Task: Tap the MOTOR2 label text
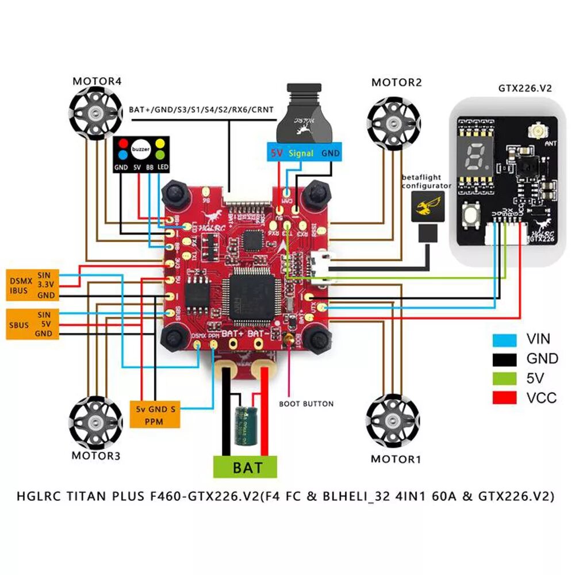pyautogui.click(x=396, y=83)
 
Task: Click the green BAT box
pyautogui.click(x=246, y=466)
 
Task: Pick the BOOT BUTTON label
pyautogui.click(x=306, y=404)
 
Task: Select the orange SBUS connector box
pyautogui.click(x=32, y=324)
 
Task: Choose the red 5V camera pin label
pyautogui.click(x=277, y=154)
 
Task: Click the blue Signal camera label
pyautogui.click(x=301, y=154)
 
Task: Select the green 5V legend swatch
pyautogui.click(x=504, y=378)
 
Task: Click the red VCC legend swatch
pyautogui.click(x=504, y=397)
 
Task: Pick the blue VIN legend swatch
pyautogui.click(x=504, y=339)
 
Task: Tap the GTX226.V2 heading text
pyautogui.click(x=524, y=89)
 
